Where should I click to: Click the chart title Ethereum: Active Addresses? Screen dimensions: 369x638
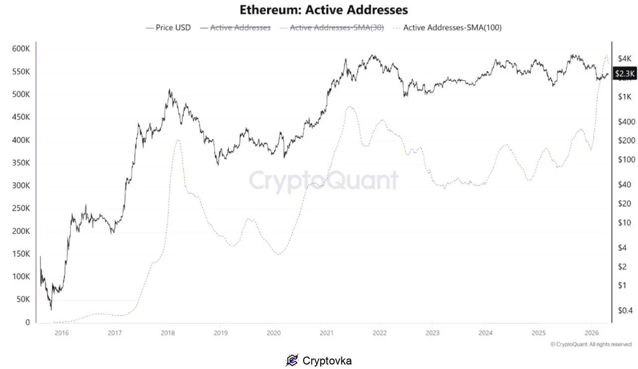click(x=323, y=9)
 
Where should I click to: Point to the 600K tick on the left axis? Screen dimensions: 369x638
click(x=21, y=49)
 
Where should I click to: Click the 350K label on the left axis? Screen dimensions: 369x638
click(x=21, y=163)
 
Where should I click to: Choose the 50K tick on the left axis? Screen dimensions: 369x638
click(x=23, y=299)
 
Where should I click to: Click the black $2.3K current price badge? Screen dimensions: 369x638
click(x=625, y=74)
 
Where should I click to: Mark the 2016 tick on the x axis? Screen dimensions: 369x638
click(x=61, y=333)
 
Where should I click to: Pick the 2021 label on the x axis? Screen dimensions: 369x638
click(x=326, y=333)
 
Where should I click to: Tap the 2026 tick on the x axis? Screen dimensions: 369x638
click(x=591, y=333)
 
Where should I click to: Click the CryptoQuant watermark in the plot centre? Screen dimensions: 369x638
click(x=323, y=180)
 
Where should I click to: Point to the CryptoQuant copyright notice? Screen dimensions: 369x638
click(x=591, y=344)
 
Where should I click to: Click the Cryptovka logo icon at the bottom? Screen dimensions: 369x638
click(x=292, y=360)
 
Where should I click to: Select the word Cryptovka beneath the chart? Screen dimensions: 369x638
click(x=327, y=361)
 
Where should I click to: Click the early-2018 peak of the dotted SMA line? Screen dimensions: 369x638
click(x=177, y=140)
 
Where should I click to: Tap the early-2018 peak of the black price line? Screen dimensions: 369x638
click(x=169, y=90)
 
